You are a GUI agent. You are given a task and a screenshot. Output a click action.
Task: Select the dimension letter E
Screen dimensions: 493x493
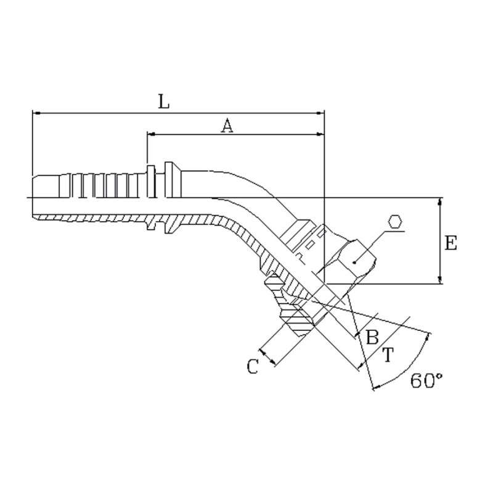pos(450,243)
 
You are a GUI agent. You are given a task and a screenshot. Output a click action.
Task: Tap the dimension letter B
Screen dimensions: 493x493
pos(372,337)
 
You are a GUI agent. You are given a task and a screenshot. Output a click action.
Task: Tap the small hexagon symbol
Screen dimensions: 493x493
pos(395,221)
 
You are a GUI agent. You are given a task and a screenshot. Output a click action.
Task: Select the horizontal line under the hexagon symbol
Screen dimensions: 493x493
pos(395,232)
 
